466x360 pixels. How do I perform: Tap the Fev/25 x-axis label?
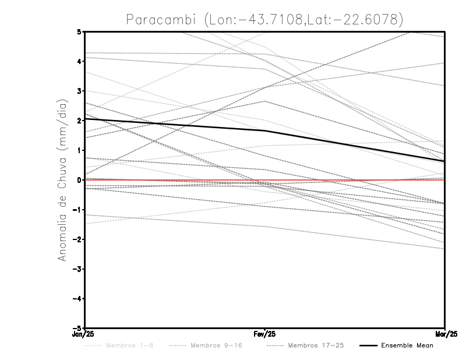265,334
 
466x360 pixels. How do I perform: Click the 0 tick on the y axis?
79,180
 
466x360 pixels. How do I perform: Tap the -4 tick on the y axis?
76,298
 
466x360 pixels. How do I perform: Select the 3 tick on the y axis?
79,91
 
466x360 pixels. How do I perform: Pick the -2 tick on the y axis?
76,239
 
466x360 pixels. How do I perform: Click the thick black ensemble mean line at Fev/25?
265,131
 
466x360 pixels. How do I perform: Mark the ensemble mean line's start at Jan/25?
86,119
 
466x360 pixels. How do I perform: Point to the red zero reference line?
349,180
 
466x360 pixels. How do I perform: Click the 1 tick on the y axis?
79,150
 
